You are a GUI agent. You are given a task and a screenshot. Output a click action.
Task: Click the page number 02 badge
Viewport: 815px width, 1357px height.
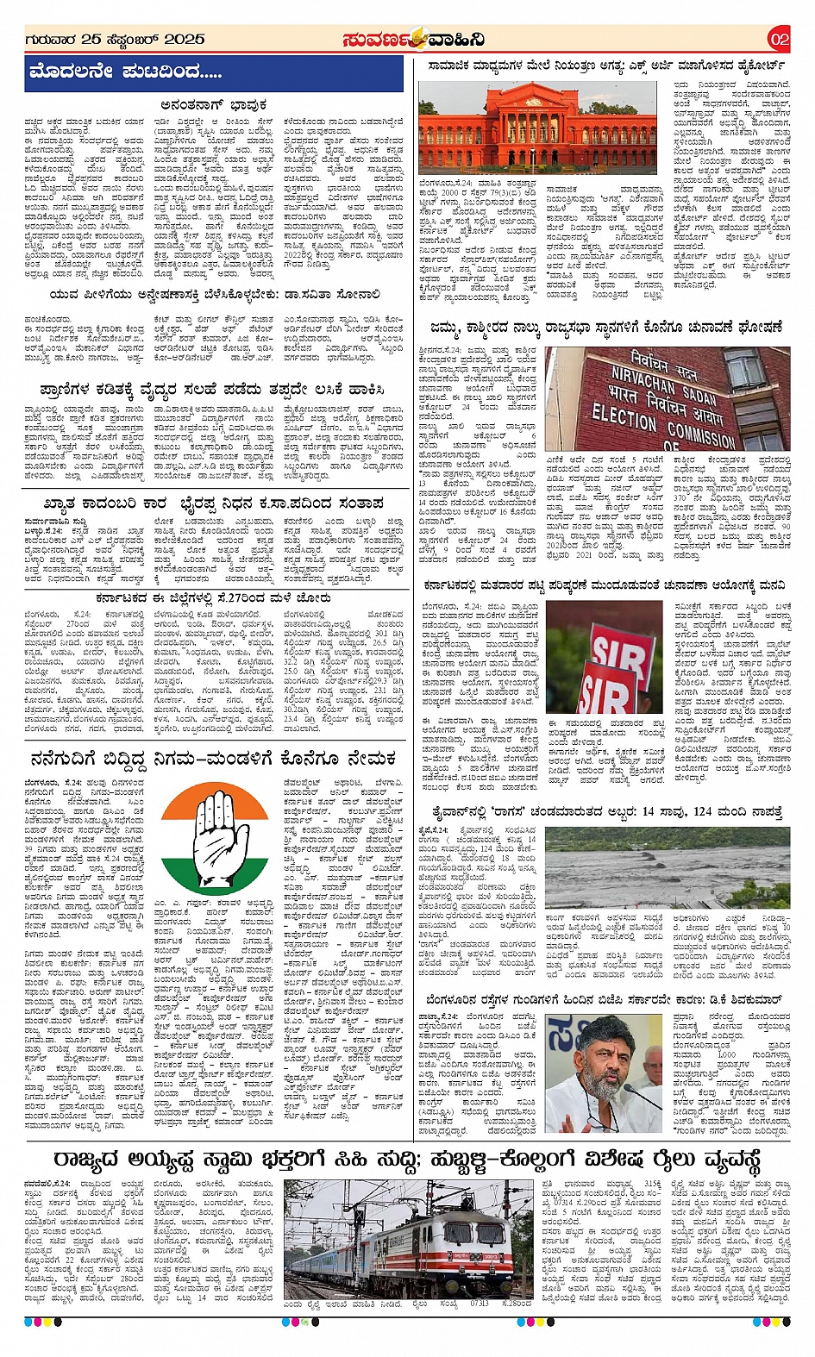click(778, 40)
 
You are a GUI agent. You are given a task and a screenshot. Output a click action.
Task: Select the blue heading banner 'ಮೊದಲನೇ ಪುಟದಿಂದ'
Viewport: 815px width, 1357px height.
click(214, 73)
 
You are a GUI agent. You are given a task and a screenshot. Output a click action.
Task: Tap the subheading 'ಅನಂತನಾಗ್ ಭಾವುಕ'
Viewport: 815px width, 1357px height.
click(213, 105)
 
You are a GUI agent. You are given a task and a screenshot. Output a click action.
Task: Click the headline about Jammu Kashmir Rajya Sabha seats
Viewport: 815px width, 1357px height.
click(606, 328)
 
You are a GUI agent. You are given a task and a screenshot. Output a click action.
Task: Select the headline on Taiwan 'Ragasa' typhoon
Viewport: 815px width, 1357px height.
click(606, 812)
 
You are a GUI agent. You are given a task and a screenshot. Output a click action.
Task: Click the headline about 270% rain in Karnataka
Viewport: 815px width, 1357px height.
click(212, 597)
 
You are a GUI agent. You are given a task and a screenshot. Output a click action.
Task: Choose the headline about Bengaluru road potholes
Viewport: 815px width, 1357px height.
click(606, 1000)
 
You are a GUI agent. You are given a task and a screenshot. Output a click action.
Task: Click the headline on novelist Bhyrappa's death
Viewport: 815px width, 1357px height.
click(212, 503)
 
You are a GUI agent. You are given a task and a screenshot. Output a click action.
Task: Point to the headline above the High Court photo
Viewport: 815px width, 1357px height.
click(606, 66)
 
